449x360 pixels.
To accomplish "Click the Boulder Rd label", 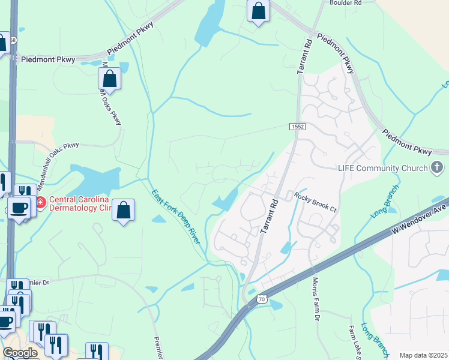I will [x=345, y=3].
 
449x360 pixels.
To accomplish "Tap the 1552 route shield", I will [x=297, y=127].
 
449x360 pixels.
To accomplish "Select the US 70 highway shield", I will [x=260, y=298].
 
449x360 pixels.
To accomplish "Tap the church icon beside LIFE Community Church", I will [x=438, y=168].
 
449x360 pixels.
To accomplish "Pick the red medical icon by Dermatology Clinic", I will [x=40, y=203].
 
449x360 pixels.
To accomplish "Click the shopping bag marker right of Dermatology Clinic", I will [x=123, y=211].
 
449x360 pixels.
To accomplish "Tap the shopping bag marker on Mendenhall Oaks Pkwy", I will [x=109, y=79].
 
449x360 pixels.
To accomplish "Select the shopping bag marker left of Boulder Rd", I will [x=258, y=11].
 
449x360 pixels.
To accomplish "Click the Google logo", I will [x=20, y=353].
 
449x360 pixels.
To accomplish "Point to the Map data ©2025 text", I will [x=423, y=355].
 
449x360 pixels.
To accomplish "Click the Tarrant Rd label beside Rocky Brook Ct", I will [x=268, y=216].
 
